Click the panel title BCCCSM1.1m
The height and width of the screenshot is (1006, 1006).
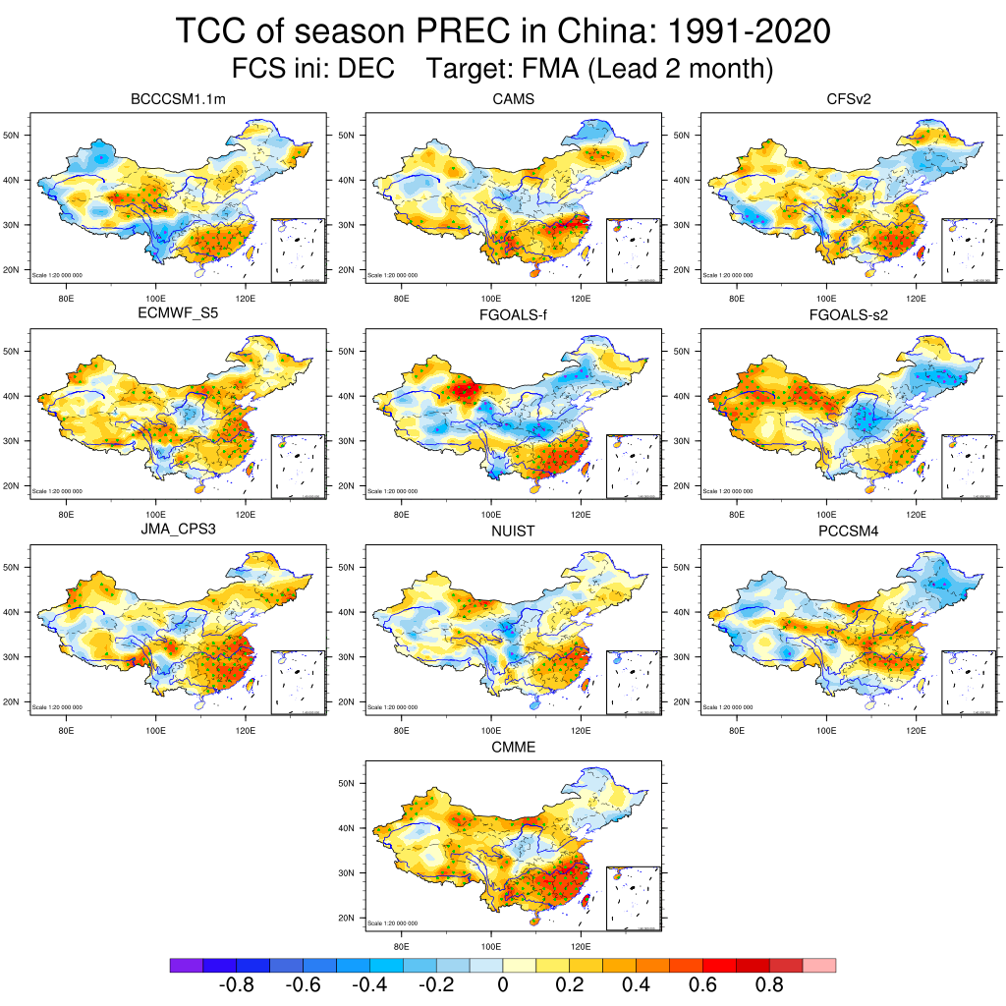171,99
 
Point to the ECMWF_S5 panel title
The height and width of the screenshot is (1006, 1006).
171,314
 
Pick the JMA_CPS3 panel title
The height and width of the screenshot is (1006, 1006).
171,531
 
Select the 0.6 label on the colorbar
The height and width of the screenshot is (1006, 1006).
703,985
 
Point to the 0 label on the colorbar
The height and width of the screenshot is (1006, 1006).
503,985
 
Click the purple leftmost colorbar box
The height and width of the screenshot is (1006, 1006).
186,966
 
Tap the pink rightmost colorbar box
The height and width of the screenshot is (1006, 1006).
819,966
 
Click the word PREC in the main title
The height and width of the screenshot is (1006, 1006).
455,31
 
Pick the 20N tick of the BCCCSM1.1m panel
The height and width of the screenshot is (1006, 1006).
15,269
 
